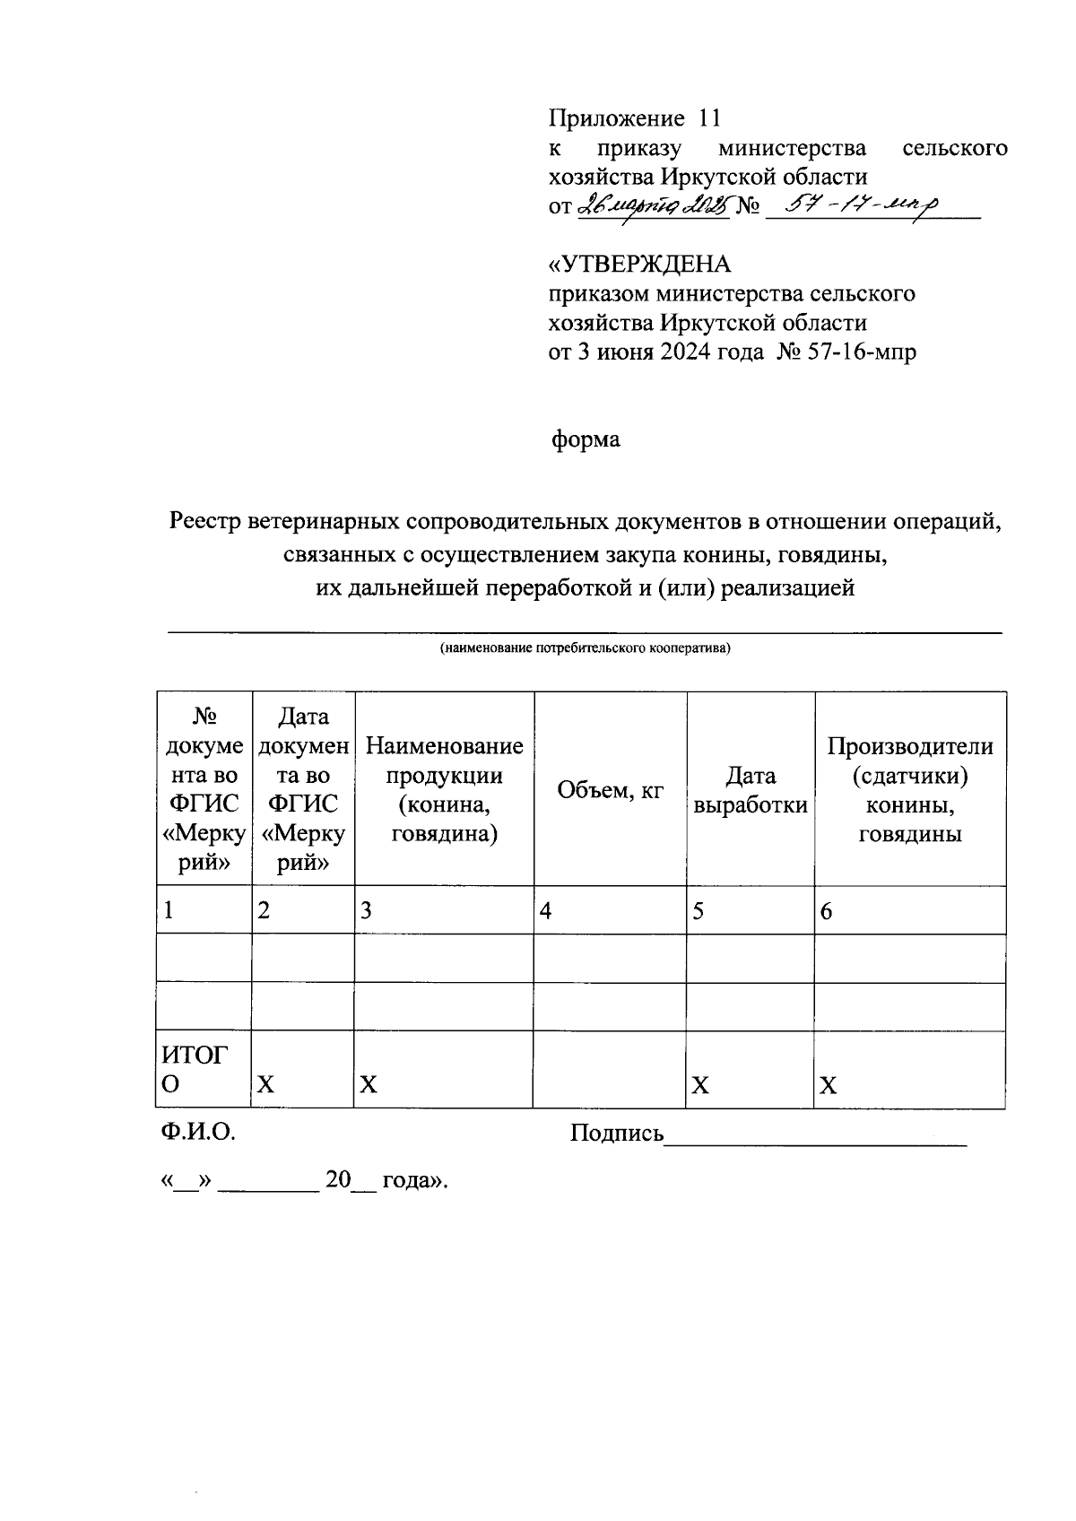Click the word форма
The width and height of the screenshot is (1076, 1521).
585,439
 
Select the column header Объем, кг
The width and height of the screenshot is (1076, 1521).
610,790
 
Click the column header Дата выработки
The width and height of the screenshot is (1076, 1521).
751,790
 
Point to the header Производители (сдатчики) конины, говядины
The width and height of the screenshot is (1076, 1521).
909,790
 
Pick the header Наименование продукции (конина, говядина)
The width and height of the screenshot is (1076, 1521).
444,790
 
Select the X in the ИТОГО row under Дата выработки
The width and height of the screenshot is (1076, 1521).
699,1086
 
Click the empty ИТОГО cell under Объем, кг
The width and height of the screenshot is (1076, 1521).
610,1069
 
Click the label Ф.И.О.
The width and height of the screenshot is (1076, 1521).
198,1133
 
